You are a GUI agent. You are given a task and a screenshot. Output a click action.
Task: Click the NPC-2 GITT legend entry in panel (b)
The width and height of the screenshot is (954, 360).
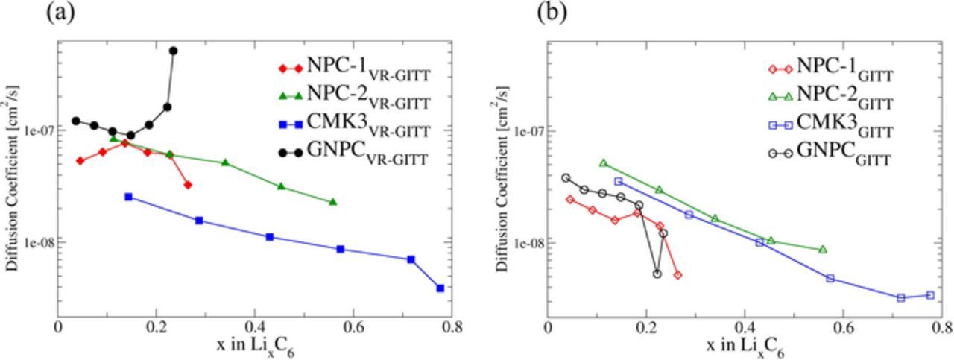827,95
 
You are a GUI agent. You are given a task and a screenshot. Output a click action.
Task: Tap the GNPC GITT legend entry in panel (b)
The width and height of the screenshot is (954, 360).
827,152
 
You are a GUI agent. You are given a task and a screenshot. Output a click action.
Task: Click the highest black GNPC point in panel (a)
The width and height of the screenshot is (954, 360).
174,51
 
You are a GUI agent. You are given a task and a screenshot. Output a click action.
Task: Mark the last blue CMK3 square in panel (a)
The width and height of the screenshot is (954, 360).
440,288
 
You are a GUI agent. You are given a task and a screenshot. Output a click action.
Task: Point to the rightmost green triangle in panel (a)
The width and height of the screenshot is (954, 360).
332,202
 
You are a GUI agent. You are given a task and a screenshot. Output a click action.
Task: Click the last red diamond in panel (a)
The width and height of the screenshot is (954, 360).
188,185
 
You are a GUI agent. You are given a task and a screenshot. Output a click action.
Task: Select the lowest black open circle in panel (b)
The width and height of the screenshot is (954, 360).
657,274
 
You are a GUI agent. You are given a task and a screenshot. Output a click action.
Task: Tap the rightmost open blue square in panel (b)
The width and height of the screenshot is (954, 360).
930,295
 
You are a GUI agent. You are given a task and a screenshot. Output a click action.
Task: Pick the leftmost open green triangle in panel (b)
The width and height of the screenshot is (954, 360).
604,162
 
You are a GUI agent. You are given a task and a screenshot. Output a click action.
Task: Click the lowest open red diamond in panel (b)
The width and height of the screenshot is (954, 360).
677,275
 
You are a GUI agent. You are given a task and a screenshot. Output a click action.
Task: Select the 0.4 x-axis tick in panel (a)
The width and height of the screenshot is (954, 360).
255,327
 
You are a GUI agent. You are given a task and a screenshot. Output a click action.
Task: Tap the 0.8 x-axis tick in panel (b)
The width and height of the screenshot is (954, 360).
941,327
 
